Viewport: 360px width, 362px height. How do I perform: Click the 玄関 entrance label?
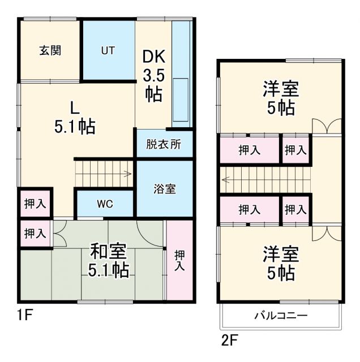(50, 50)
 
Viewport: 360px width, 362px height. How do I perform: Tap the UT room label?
(108, 50)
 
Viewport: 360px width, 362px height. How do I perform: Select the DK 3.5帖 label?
(153, 75)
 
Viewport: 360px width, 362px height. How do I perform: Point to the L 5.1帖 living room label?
(74, 117)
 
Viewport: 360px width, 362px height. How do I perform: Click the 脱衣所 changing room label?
(164, 144)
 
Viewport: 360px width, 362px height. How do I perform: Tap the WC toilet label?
(104, 204)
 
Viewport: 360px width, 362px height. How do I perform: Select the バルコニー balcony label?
(281, 315)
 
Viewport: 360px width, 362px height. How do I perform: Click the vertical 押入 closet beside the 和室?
(179, 260)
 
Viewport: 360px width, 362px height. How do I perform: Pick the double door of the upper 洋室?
(327, 127)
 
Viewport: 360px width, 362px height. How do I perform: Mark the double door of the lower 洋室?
(327, 234)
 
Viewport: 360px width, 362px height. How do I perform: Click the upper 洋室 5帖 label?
(279, 98)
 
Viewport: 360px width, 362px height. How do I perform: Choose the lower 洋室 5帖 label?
(279, 262)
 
